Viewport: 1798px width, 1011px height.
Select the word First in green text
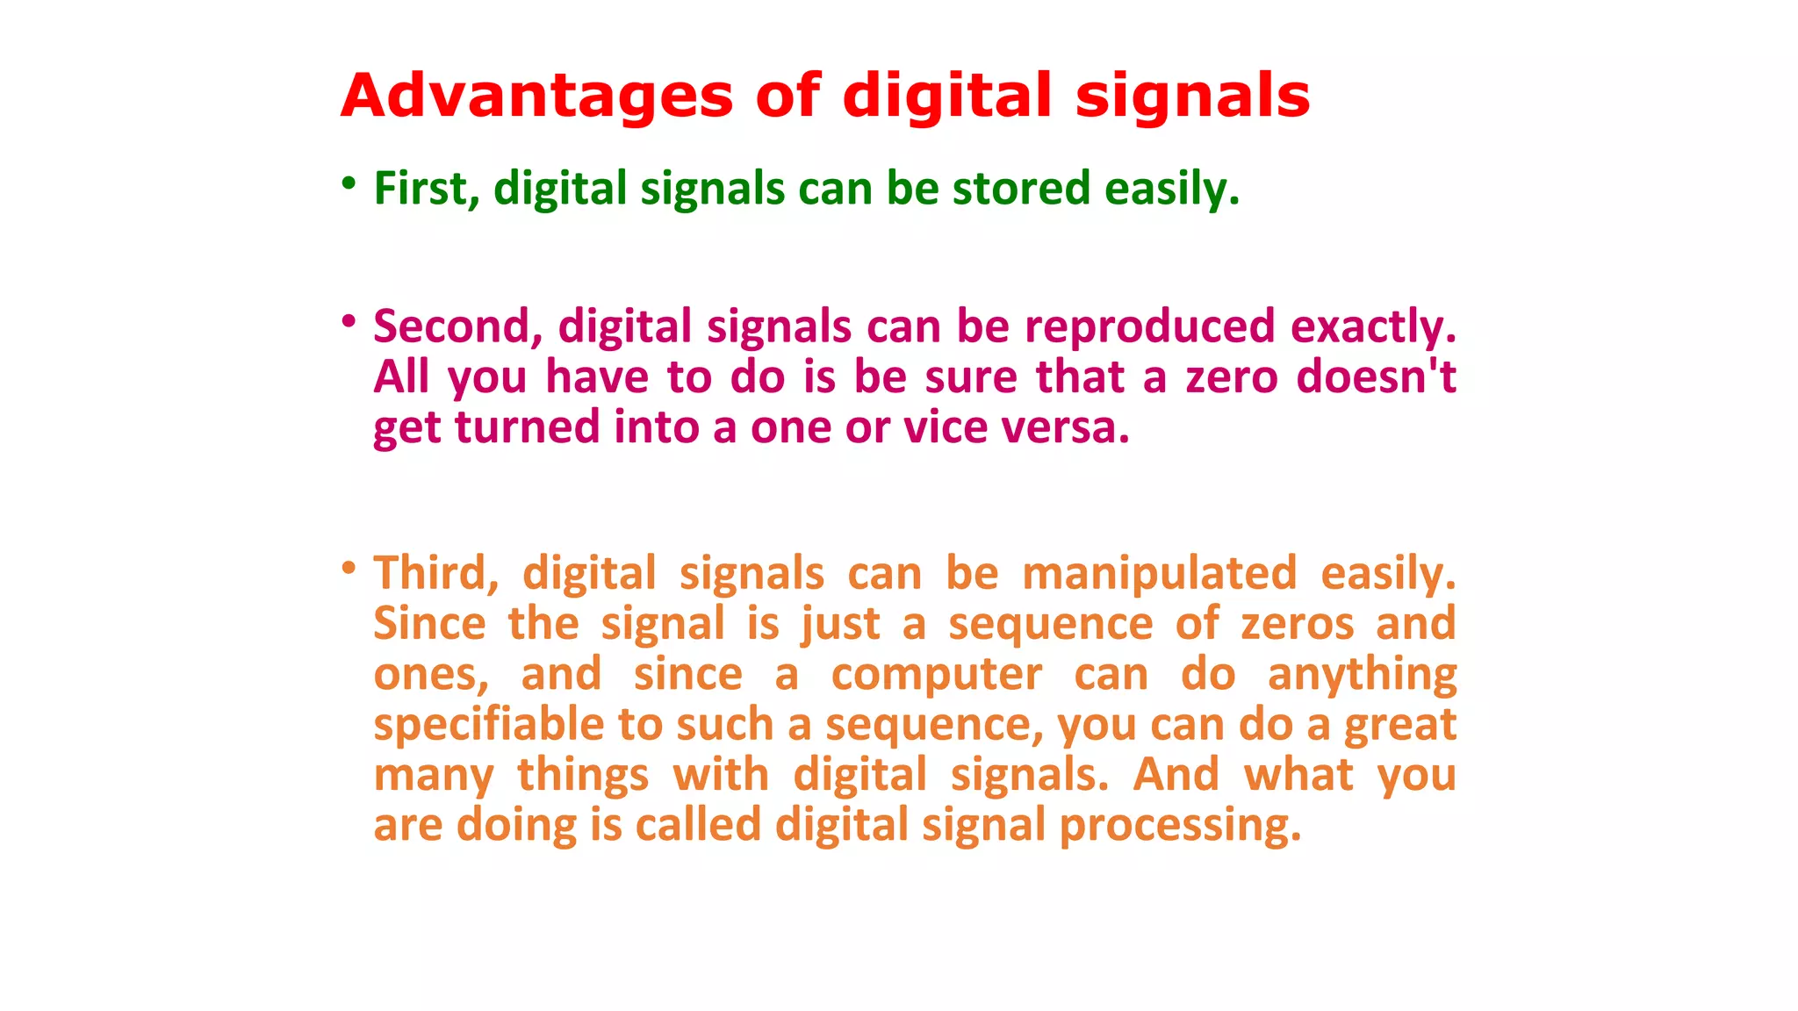tap(426, 189)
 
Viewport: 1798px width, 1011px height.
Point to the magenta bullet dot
tap(349, 322)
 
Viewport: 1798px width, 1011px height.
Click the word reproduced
tap(1149, 326)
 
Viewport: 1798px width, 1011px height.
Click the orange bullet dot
tap(349, 569)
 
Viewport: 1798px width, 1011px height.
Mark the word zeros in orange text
tap(1297, 625)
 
